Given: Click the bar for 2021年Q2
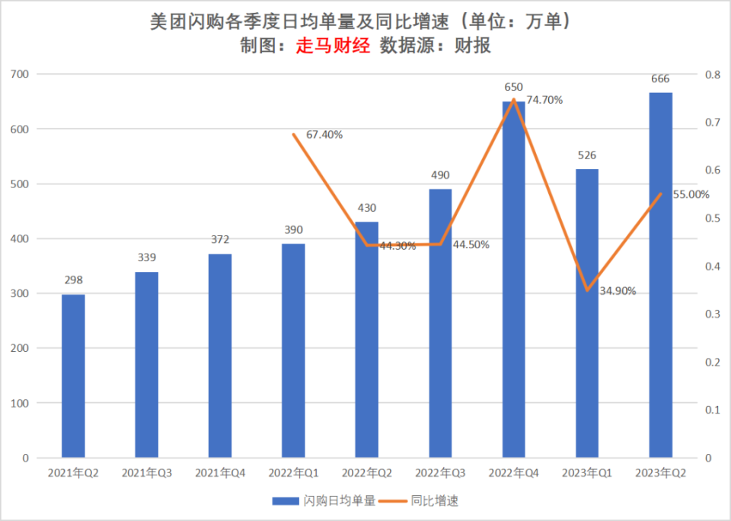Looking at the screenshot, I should pyautogui.click(x=73, y=376).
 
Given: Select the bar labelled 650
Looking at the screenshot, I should pyautogui.click(x=513, y=280).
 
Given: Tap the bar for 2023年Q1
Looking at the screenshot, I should pyautogui.click(x=586, y=313).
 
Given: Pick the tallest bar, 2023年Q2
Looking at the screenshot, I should pyautogui.click(x=660, y=275).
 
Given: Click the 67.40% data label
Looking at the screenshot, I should pyautogui.click(x=324, y=135).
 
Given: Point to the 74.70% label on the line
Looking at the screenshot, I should pyautogui.click(x=544, y=100).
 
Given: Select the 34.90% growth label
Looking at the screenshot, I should pyautogui.click(x=618, y=291).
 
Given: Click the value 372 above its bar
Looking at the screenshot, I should pyautogui.click(x=220, y=239).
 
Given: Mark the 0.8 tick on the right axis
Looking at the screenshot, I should pyautogui.click(x=713, y=75).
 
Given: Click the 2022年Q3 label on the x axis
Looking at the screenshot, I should pyautogui.click(x=440, y=473).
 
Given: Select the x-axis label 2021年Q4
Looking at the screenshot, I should pyautogui.click(x=220, y=473).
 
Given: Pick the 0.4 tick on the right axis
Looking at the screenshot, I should pyautogui.click(x=713, y=267).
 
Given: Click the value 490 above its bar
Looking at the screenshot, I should pyautogui.click(x=440, y=174).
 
